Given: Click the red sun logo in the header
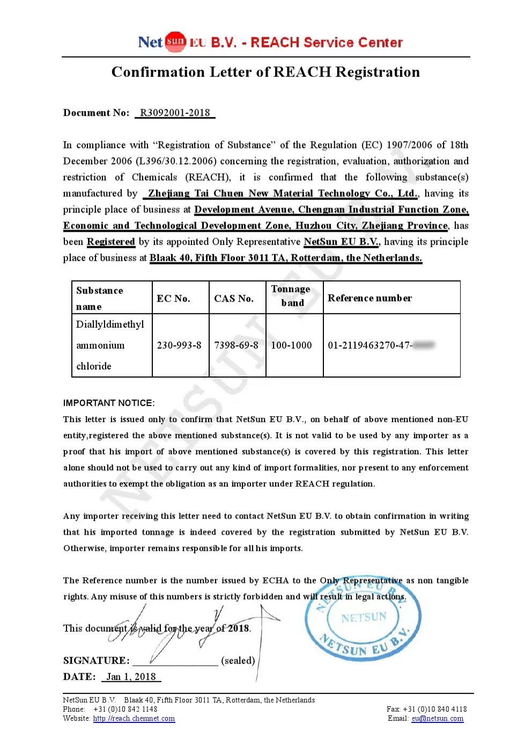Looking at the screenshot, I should coord(175,42).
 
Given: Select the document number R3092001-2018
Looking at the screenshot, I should coord(175,113).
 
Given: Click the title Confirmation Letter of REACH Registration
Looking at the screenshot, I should coord(265,72).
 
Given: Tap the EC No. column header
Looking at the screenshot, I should coord(173,298).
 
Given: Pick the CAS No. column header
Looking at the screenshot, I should coord(234,298).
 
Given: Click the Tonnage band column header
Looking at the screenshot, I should coord(291,296).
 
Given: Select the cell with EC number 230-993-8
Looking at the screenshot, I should coord(179,345).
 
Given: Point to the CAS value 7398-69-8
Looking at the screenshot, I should coord(236,345).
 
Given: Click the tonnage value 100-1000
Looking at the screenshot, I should coord(291,345).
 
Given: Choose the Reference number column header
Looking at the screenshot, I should coord(370,298).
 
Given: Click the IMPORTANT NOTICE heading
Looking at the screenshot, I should coord(109,403).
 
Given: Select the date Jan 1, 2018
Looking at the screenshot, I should coord(131,677).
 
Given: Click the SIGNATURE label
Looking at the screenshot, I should coord(96,660).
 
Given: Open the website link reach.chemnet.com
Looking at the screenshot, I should coord(134,719).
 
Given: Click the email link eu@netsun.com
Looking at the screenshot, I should coord(438,719).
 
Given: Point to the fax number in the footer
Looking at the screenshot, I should coord(427,709).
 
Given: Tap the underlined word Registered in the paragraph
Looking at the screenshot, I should coord(111,242).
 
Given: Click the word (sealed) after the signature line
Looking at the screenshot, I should coord(238,660).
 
